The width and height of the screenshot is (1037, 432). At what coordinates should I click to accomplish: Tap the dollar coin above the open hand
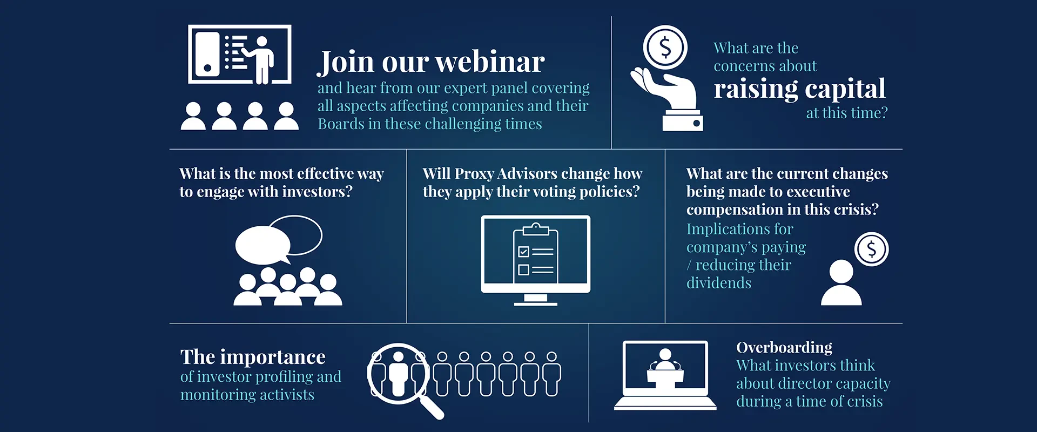pos(665,48)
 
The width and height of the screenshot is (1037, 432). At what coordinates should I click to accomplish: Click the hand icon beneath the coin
pos(667,99)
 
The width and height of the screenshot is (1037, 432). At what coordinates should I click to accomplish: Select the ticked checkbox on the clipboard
pos(523,252)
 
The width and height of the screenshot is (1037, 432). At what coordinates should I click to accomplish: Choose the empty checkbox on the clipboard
pos(523,269)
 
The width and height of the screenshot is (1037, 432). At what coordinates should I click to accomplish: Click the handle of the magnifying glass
pos(432,407)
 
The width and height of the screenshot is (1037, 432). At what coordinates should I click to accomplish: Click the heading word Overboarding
pos(784,347)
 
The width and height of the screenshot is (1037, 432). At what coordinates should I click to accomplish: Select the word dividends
pos(719,283)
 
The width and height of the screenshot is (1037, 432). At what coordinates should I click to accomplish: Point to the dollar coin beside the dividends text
pos(871,249)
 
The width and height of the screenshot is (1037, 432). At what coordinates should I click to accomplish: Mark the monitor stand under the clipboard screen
pos(535,300)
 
